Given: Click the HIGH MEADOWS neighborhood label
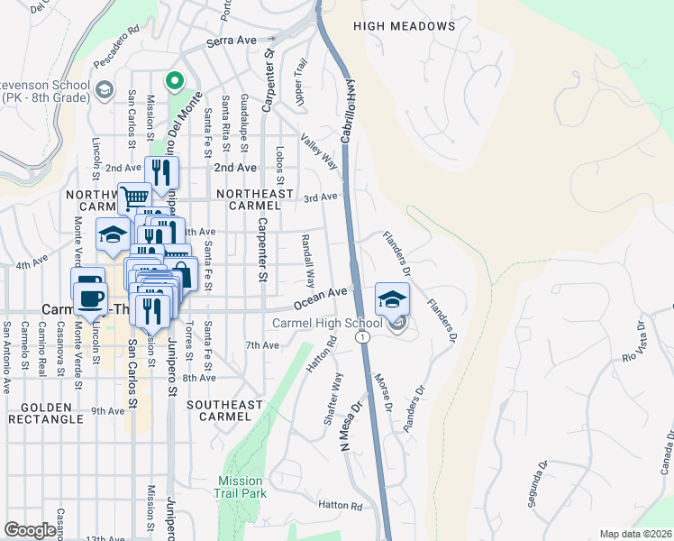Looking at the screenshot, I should pos(405,26).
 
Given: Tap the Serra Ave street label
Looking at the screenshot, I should pos(232,41).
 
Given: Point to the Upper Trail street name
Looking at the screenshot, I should pos(301,80).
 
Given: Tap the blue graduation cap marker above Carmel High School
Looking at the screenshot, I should pos(392,299).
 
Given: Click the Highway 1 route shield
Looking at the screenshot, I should pos(361,336).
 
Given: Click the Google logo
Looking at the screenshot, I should pos(30,530).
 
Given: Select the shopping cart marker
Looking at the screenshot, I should pos(134,197).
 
